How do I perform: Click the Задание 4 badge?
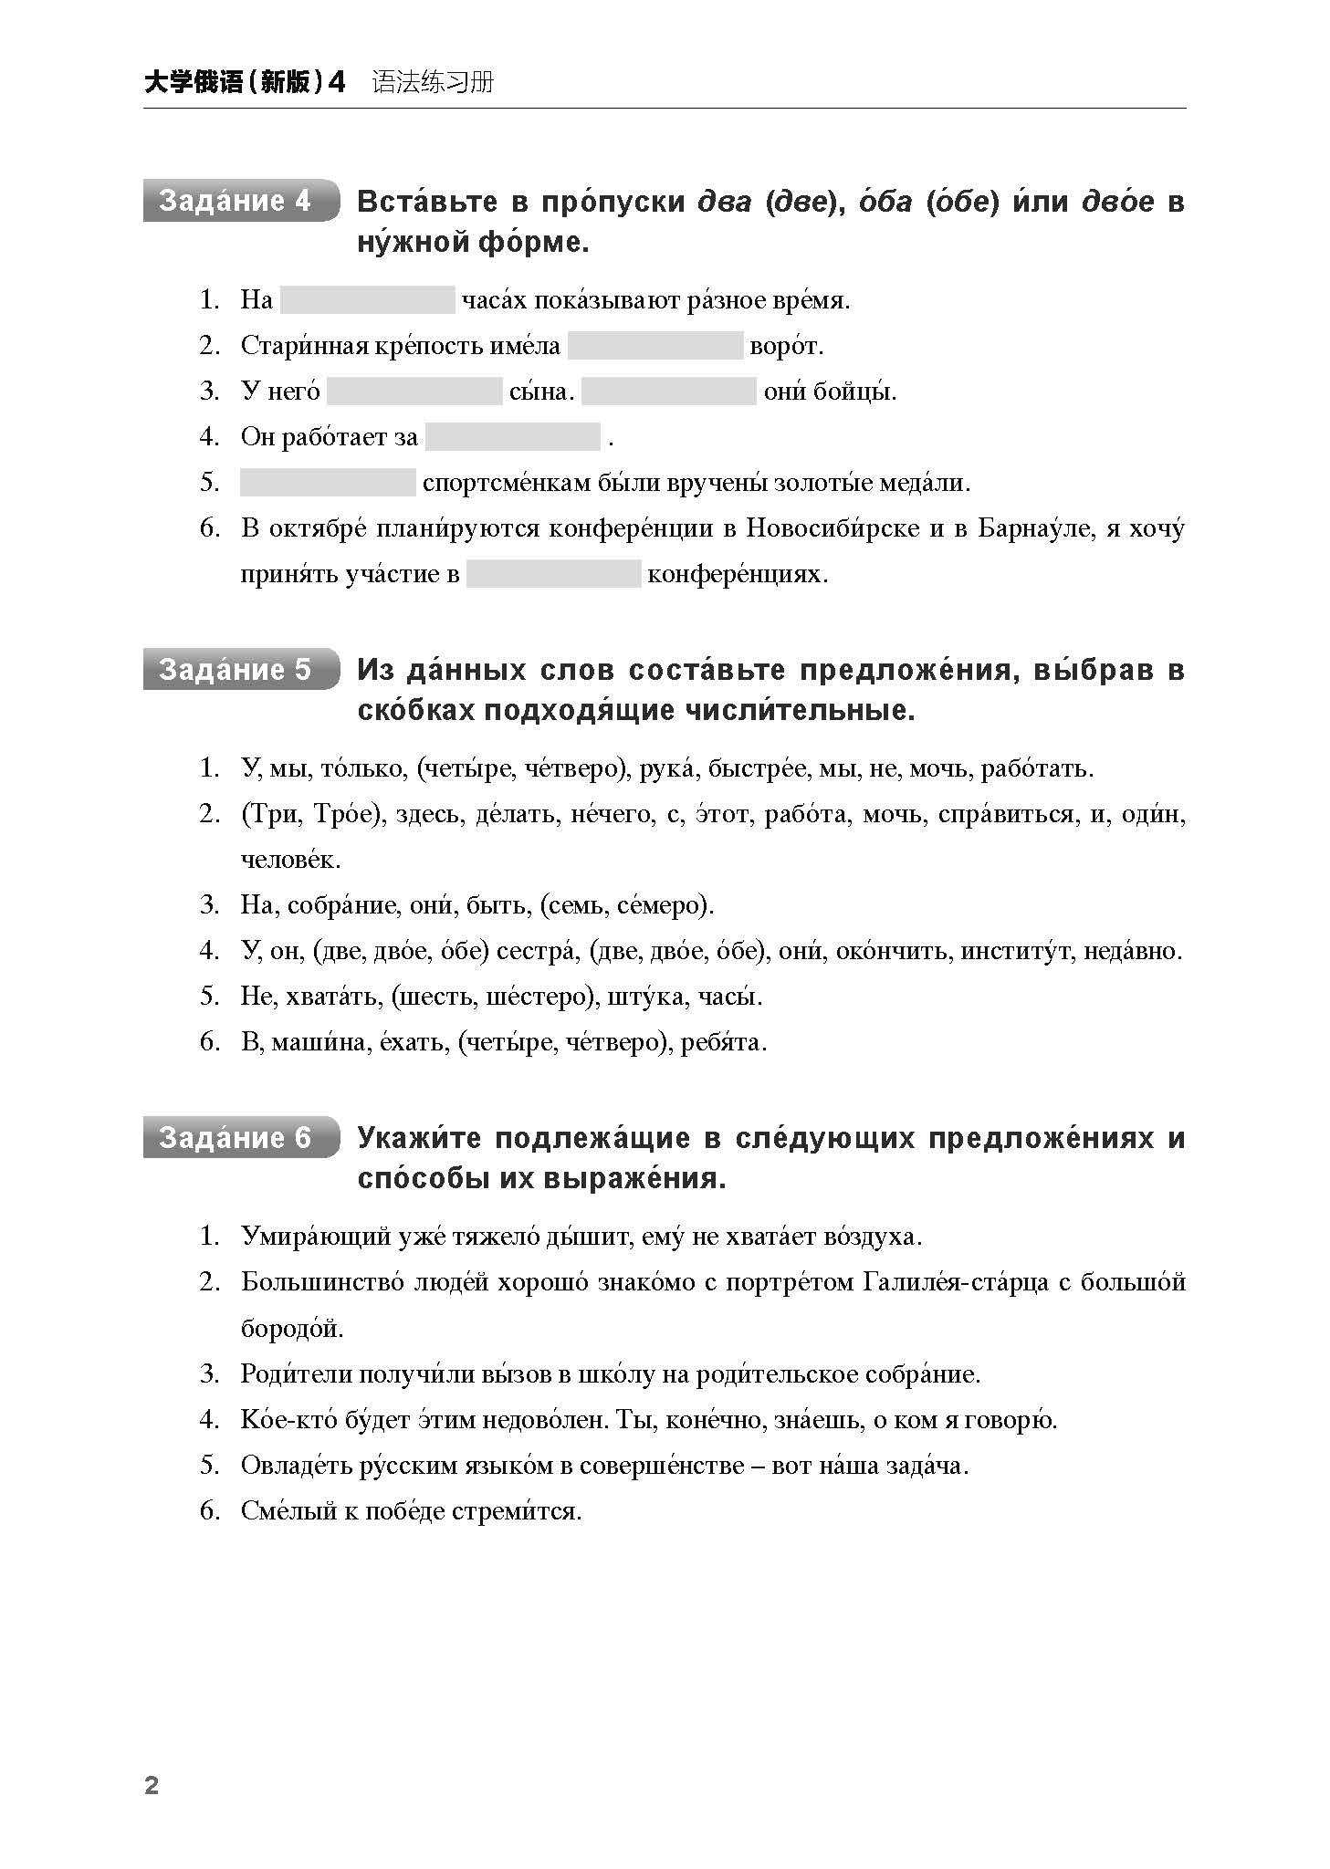(x=240, y=201)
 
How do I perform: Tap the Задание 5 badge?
(x=240, y=670)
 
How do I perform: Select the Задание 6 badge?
(x=240, y=1138)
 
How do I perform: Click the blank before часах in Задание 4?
(x=367, y=299)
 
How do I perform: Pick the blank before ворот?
(x=655, y=345)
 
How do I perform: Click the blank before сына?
(x=414, y=391)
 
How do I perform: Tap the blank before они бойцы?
(x=669, y=391)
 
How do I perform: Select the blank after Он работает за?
(x=513, y=437)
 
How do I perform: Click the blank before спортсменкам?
(x=328, y=483)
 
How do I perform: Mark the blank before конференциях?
(x=554, y=574)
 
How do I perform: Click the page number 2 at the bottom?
(x=152, y=1786)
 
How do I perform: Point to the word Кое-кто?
(x=289, y=1420)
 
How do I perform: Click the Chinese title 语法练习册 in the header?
(x=433, y=82)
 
